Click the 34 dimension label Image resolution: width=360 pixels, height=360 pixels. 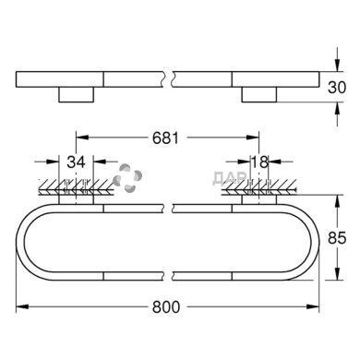78,162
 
